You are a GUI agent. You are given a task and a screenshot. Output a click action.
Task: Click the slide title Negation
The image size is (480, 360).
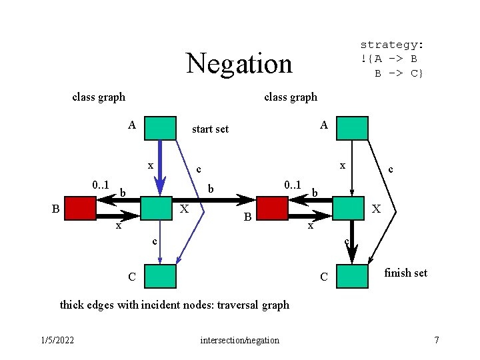[x=239, y=63]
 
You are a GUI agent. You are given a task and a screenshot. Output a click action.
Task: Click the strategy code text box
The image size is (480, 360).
[x=392, y=59]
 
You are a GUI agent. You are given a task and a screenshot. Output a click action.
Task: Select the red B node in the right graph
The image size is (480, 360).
[x=271, y=209]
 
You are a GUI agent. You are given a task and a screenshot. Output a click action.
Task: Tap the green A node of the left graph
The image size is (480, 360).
[x=160, y=128]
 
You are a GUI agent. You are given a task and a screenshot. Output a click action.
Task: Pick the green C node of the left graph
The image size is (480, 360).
[x=160, y=275]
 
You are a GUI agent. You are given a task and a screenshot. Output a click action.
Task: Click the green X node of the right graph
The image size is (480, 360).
[x=349, y=208]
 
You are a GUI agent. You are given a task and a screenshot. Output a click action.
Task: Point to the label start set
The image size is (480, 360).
[x=210, y=129]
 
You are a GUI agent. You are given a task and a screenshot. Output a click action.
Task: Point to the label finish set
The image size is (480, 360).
[x=406, y=273]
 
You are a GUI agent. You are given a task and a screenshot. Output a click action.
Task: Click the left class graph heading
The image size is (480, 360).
[x=99, y=97]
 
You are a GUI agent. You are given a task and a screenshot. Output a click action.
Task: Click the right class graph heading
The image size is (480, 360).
[x=291, y=97]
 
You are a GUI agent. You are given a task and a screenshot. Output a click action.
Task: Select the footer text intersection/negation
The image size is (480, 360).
[x=239, y=341]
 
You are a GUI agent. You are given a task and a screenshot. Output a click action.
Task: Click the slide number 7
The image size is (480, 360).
[x=437, y=341]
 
